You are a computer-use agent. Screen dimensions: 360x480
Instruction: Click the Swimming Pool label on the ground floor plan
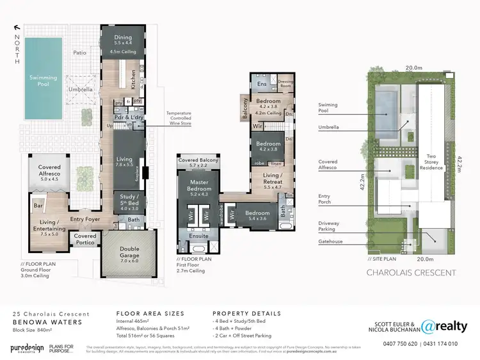click(x=44, y=82)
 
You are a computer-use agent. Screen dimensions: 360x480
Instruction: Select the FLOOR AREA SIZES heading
click(x=150, y=314)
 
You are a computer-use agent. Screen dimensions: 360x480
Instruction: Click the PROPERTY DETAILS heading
click(x=246, y=314)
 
